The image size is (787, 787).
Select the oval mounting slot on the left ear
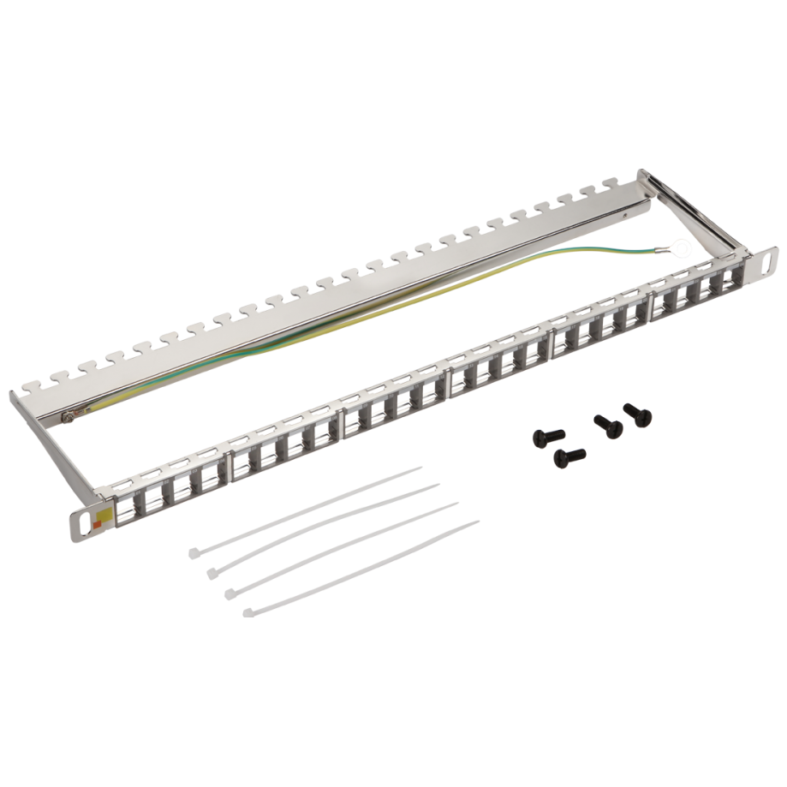[86, 516]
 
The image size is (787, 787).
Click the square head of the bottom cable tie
[248, 610]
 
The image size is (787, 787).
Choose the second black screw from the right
[606, 423]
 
